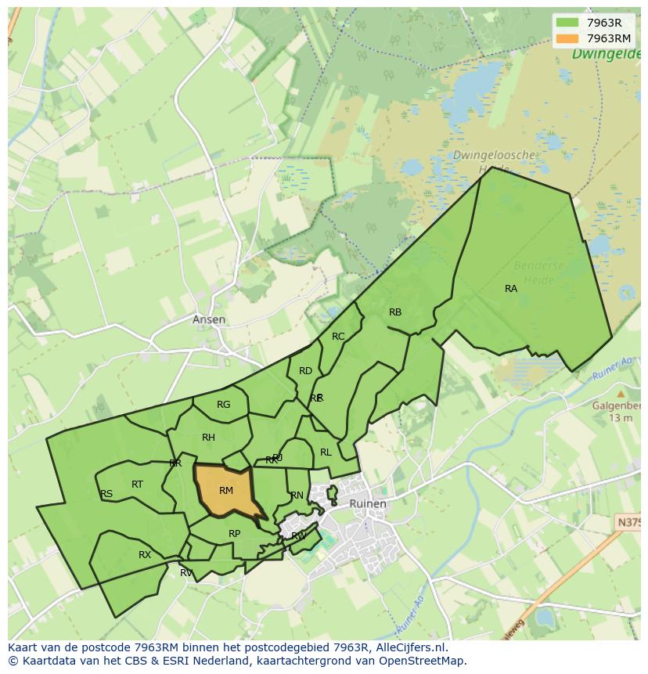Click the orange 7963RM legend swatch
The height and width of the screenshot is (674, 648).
(567, 38)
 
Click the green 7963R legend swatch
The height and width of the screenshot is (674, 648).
(567, 23)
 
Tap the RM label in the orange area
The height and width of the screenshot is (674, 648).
(226, 491)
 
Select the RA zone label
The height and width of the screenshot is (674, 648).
(511, 289)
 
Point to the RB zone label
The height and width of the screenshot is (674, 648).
(395, 312)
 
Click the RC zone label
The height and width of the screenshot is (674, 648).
(338, 337)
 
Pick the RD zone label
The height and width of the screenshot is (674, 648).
(305, 371)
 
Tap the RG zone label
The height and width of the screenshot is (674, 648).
(224, 405)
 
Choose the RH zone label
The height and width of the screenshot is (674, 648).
(208, 438)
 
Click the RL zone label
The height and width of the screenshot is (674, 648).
(326, 452)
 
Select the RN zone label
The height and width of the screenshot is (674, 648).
(297, 496)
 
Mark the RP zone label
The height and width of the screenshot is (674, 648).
(234, 534)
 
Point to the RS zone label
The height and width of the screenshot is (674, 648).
(106, 494)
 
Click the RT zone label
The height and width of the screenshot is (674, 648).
(137, 485)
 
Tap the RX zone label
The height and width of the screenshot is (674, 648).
(145, 555)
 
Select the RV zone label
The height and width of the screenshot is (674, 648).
(186, 573)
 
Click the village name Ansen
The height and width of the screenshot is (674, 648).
(209, 319)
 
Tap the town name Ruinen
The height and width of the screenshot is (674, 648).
(367, 504)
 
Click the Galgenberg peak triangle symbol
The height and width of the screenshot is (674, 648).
(621, 394)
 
